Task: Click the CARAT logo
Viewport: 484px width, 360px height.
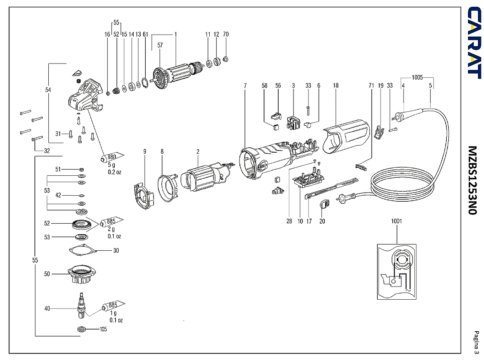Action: tap(474, 43)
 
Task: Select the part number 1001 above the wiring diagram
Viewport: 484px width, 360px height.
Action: tap(396, 221)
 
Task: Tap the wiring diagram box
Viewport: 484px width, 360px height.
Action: tap(397, 272)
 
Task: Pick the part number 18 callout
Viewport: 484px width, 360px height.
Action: tap(336, 86)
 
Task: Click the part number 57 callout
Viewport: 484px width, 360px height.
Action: tap(160, 45)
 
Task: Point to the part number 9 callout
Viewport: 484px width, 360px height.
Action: tap(145, 152)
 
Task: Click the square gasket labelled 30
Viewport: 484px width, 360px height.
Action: tap(83, 251)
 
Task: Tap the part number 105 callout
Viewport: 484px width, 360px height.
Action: tap(103, 329)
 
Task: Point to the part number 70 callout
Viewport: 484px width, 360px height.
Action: tap(226, 34)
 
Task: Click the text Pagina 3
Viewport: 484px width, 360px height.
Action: tap(477, 342)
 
